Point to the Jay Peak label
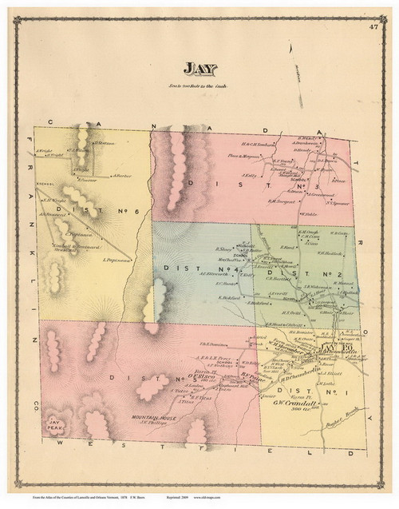(x=57, y=422)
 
